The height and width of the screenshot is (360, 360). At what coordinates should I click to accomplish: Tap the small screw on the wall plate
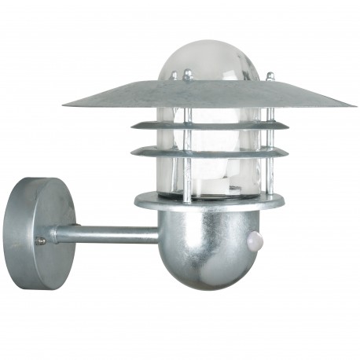40,241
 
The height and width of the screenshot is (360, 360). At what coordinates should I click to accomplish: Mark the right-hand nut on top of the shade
270,75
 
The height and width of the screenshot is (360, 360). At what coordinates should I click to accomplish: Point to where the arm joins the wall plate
57,233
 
